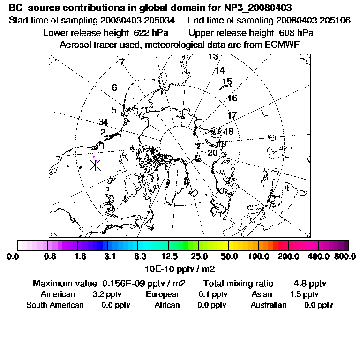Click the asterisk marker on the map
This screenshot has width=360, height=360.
tap(95, 165)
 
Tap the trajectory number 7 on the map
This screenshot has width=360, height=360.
tap(122, 62)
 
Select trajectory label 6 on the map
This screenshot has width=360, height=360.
tap(114, 88)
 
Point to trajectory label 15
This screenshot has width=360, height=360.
tap(227, 82)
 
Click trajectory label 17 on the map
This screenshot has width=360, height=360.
tap(232, 115)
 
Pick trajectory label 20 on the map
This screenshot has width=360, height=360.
tap(212, 153)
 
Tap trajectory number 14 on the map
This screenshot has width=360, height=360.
tap(219, 71)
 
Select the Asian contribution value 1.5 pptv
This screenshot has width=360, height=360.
tap(304, 294)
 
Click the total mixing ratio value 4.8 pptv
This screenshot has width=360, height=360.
tap(310, 284)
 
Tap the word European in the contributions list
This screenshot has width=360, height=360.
tap(163, 294)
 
